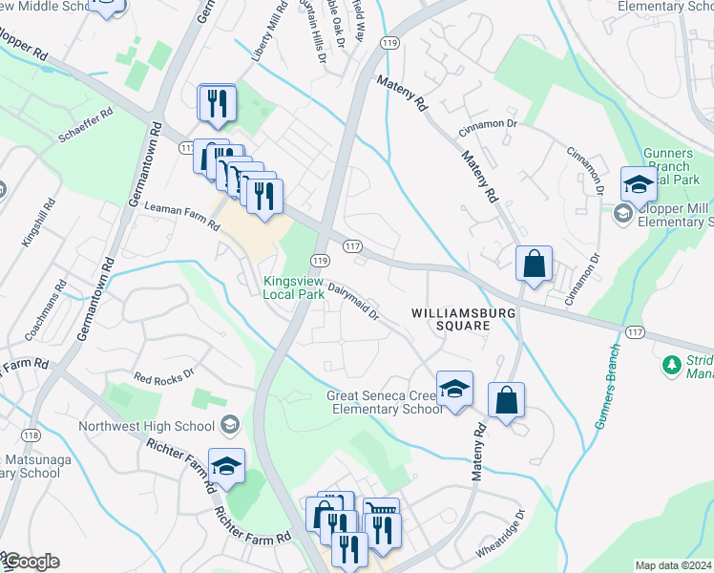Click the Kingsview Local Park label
click(x=294, y=287)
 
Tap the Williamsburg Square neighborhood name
click(x=451, y=319)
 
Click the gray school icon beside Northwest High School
click(x=229, y=424)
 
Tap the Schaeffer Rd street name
click(x=86, y=124)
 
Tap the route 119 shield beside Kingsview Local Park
click(x=320, y=261)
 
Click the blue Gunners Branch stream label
click(x=607, y=385)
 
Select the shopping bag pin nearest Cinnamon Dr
click(x=535, y=263)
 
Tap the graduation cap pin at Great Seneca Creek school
click(x=455, y=389)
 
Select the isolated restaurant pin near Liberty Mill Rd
click(x=217, y=102)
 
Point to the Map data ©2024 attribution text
click(x=672, y=565)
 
